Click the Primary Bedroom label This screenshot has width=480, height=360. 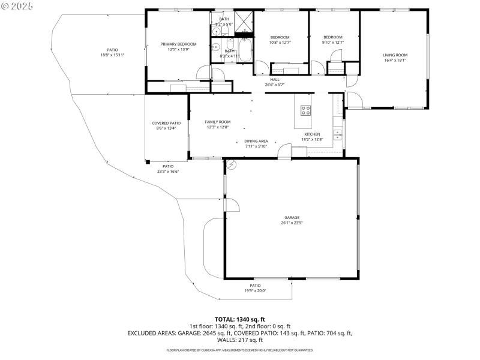coord(178,44)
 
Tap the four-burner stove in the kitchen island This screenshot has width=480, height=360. coord(305,110)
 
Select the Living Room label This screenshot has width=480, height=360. coord(395,55)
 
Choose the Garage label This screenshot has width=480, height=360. coord(292,218)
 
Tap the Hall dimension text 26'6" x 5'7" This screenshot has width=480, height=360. coord(274,85)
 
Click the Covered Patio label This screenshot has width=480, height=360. coord(166,123)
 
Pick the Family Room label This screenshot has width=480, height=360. coord(217,122)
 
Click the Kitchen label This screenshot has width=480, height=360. coord(312,134)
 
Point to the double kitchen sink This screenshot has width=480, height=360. coord(337,134)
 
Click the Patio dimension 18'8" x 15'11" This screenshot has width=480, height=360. coord(112,55)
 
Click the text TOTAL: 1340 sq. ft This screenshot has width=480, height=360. coord(239,319)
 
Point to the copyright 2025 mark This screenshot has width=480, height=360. coord(18,6)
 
